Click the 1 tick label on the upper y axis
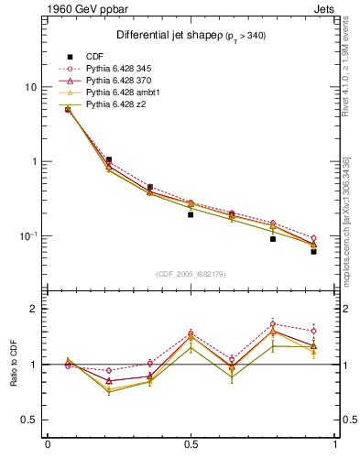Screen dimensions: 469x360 coord(34,161)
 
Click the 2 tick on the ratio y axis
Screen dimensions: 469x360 coord(34,309)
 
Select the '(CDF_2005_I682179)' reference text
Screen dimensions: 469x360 coord(190,274)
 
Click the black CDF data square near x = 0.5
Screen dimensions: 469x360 coord(191,214)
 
